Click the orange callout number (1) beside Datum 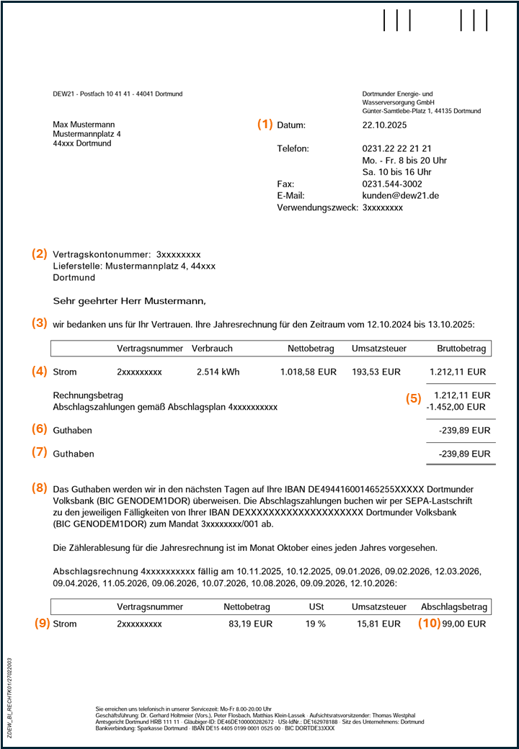click(265, 124)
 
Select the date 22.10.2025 click(384, 125)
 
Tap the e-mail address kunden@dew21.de click(400, 195)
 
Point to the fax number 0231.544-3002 click(393, 184)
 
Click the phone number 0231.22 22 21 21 click(396, 148)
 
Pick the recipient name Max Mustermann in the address click(84, 125)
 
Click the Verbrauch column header click(212, 349)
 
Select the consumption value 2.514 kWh click(218, 372)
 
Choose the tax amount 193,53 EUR click(376, 372)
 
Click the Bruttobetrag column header click(461, 349)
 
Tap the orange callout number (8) click(39, 488)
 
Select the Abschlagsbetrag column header click(455, 607)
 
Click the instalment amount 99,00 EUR click(464, 624)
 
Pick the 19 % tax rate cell click(315, 624)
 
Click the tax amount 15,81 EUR click(376, 624)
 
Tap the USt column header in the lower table click(316, 607)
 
